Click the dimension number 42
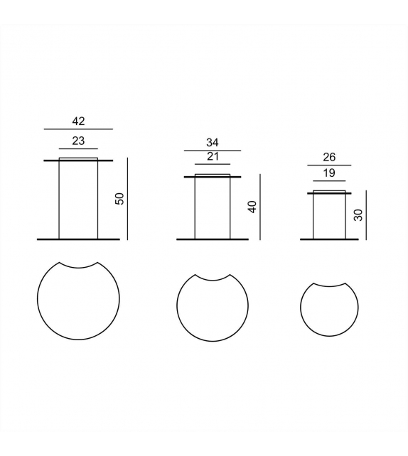(x=78, y=121)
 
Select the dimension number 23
(x=78, y=141)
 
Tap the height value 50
(x=120, y=199)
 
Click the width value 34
(x=212, y=143)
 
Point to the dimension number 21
(x=212, y=156)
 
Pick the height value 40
(x=252, y=207)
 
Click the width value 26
(x=328, y=158)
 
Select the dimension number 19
(x=328, y=173)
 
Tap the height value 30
(x=358, y=215)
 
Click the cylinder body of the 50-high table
(x=78, y=199)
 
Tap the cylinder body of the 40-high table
(x=212, y=207)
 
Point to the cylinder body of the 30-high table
(x=328, y=216)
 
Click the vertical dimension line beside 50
(x=127, y=199)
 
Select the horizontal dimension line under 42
(x=78, y=129)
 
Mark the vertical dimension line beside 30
(x=365, y=215)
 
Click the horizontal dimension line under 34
(x=212, y=151)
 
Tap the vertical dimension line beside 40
(x=260, y=207)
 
